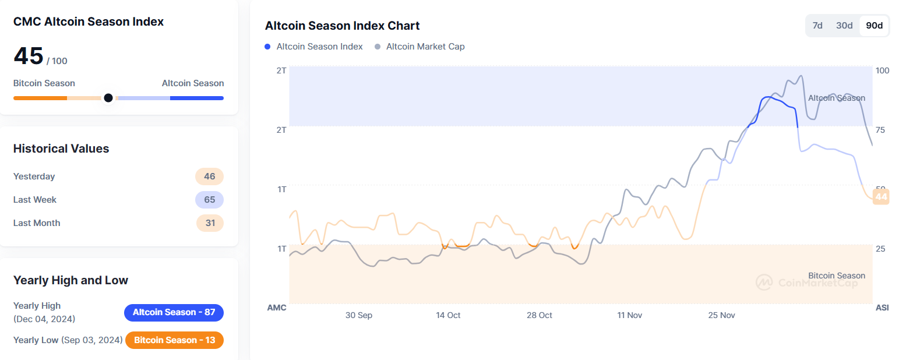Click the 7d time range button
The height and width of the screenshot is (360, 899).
(817, 26)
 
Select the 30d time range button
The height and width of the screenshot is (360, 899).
(844, 26)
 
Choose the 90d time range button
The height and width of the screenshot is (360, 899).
(874, 26)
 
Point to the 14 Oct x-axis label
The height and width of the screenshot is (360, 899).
(448, 315)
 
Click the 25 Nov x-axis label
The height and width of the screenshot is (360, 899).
(721, 315)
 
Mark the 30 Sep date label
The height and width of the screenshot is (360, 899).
(358, 315)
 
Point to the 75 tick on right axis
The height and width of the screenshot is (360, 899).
(882, 129)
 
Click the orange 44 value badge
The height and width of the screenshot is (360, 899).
(881, 197)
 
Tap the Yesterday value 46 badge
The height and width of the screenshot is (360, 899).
(209, 177)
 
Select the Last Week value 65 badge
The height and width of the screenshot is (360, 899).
(209, 200)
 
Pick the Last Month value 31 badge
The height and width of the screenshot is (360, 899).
(209, 223)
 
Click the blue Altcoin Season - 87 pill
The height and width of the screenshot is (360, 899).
(174, 312)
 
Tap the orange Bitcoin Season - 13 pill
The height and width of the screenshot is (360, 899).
(174, 340)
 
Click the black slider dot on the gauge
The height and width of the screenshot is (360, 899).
(108, 98)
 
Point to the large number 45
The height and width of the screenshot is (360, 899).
(29, 57)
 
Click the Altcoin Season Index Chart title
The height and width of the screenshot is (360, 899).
(342, 26)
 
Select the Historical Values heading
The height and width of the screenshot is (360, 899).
(61, 149)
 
